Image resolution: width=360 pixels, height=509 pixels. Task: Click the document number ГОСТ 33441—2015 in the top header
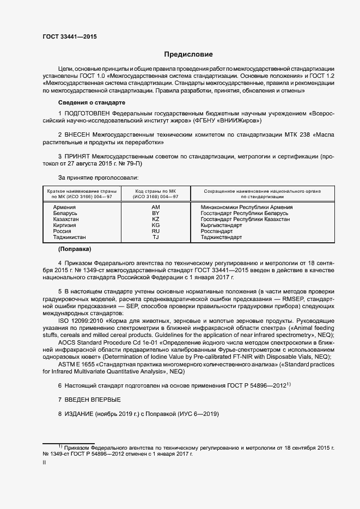coord(70,36)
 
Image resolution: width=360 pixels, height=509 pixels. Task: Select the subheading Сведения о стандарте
coord(91,102)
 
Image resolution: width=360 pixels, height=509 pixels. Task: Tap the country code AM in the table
coord(156,207)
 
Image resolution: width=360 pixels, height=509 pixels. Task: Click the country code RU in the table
coord(156,231)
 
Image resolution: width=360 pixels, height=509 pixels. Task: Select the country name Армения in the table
coord(64,207)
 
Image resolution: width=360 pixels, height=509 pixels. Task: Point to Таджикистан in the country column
coord(69,237)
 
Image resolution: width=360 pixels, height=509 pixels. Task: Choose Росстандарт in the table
coord(216,231)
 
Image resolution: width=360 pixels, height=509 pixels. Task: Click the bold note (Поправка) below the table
coord(74,250)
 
